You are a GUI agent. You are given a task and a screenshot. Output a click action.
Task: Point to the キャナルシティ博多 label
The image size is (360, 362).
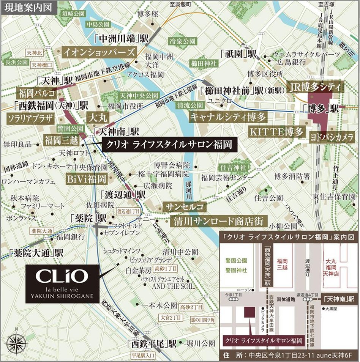click(x=228, y=116)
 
